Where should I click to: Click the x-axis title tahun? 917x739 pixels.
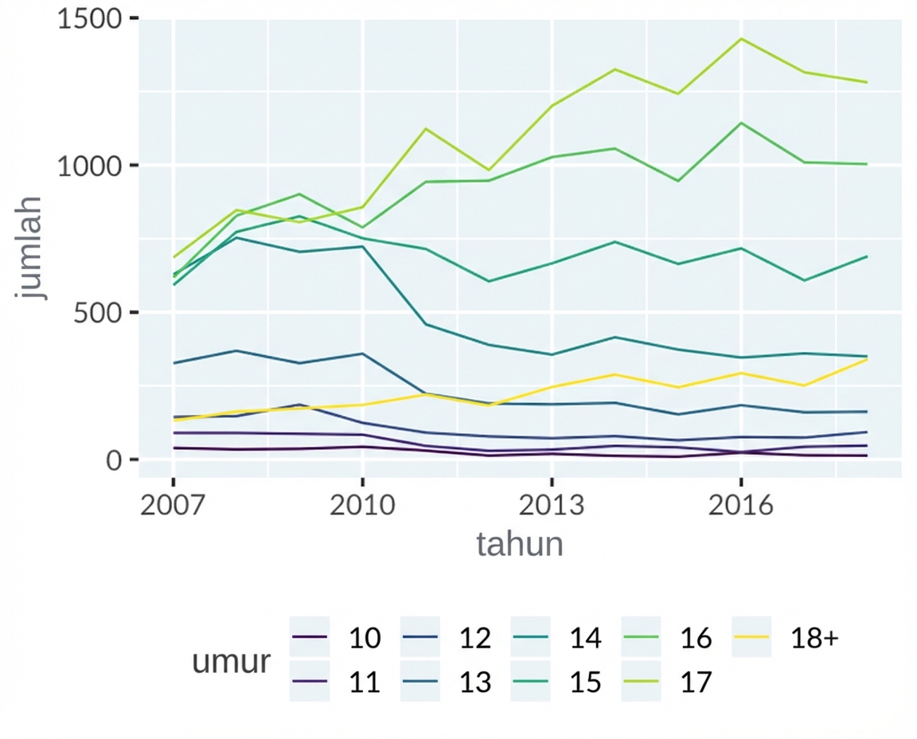tap(520, 545)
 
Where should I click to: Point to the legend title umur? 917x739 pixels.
tap(231, 661)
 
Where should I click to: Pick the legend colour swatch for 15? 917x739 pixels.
tap(531, 682)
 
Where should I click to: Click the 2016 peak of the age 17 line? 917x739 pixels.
tap(741, 38)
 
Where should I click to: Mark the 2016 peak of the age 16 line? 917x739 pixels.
tap(741, 123)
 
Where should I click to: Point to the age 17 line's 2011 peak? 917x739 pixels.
tap(426, 128)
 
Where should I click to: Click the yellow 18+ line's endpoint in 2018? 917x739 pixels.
tap(867, 359)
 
